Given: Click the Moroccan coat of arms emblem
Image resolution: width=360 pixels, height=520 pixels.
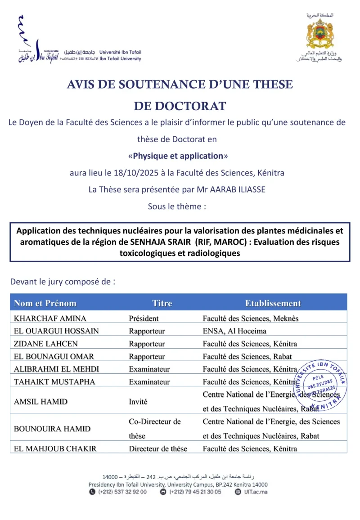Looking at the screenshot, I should tap(320, 34).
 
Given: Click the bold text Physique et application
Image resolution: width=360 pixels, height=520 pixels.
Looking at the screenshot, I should tap(178, 156).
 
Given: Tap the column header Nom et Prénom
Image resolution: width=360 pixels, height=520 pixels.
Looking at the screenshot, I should tap(45, 303).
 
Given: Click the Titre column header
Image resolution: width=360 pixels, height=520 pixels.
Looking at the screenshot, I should tap(162, 303).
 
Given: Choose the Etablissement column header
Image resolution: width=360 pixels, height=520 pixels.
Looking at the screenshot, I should tap(273, 303).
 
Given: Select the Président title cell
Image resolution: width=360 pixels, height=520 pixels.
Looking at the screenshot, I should tap(144, 318).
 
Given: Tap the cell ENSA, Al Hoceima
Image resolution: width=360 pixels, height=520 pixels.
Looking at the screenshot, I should tap(234, 331).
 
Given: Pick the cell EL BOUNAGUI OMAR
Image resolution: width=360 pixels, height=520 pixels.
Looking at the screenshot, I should tap(54, 357).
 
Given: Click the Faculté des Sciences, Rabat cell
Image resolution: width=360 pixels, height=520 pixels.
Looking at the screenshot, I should tap(247, 357).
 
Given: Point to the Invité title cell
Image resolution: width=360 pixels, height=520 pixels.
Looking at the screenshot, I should tap(138, 402).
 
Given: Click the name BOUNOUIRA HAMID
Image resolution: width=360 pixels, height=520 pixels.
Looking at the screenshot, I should tap(52, 429).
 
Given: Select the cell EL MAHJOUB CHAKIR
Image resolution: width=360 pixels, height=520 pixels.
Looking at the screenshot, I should tap(55, 448).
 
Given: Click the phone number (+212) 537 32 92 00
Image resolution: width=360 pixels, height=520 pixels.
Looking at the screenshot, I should tap(122, 492).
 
